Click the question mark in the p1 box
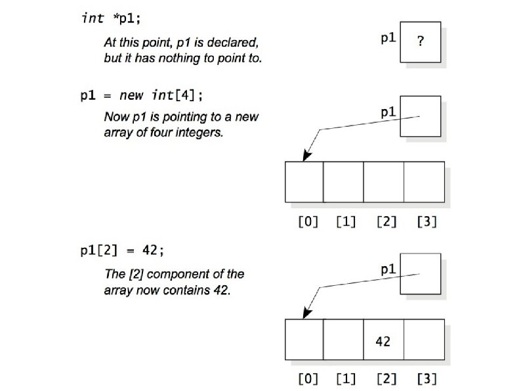point(420,41)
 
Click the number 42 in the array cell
point(383,341)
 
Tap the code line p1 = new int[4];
point(141,95)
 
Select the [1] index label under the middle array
point(346,221)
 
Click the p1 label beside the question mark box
point(388,38)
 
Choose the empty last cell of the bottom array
point(424,339)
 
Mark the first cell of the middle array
point(304,182)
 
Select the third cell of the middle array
point(383,182)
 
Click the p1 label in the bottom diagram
point(388,269)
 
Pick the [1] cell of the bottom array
point(343,339)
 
